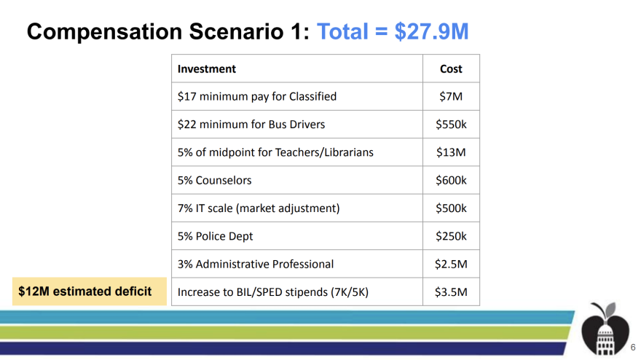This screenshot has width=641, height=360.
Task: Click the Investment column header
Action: tap(207, 69)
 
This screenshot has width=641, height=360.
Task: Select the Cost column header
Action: tap(451, 69)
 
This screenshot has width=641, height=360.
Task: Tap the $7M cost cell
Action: tap(451, 96)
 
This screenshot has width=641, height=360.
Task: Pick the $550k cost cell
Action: tap(451, 125)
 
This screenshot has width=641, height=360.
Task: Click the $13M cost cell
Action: tap(451, 152)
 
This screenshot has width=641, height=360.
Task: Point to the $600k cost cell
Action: tap(451, 181)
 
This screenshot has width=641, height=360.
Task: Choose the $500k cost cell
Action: tap(451, 208)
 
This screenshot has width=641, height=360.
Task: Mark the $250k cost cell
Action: tap(451, 236)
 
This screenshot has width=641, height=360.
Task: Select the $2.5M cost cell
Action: tap(451, 265)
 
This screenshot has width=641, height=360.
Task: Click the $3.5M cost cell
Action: tap(451, 293)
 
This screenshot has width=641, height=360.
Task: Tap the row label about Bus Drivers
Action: tap(251, 125)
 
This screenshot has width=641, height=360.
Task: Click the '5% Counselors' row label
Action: tap(215, 181)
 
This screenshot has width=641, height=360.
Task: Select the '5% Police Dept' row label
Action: tap(216, 236)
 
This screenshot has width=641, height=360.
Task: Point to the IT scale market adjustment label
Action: tap(259, 208)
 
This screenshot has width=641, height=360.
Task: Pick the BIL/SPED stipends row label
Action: tap(273, 293)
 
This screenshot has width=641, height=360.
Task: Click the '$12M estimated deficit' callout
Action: tap(84, 291)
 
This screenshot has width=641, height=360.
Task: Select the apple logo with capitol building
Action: tap(602, 329)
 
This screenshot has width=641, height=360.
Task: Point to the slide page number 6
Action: tap(632, 348)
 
